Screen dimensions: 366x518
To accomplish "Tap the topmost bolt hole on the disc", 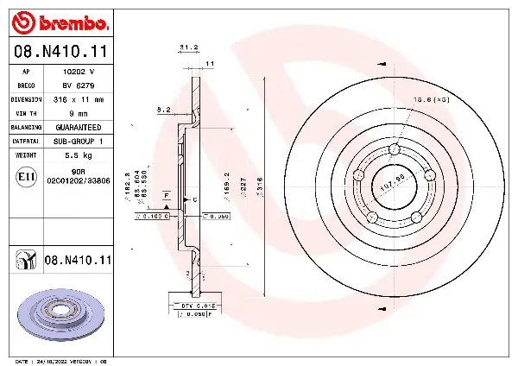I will [395, 150].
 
